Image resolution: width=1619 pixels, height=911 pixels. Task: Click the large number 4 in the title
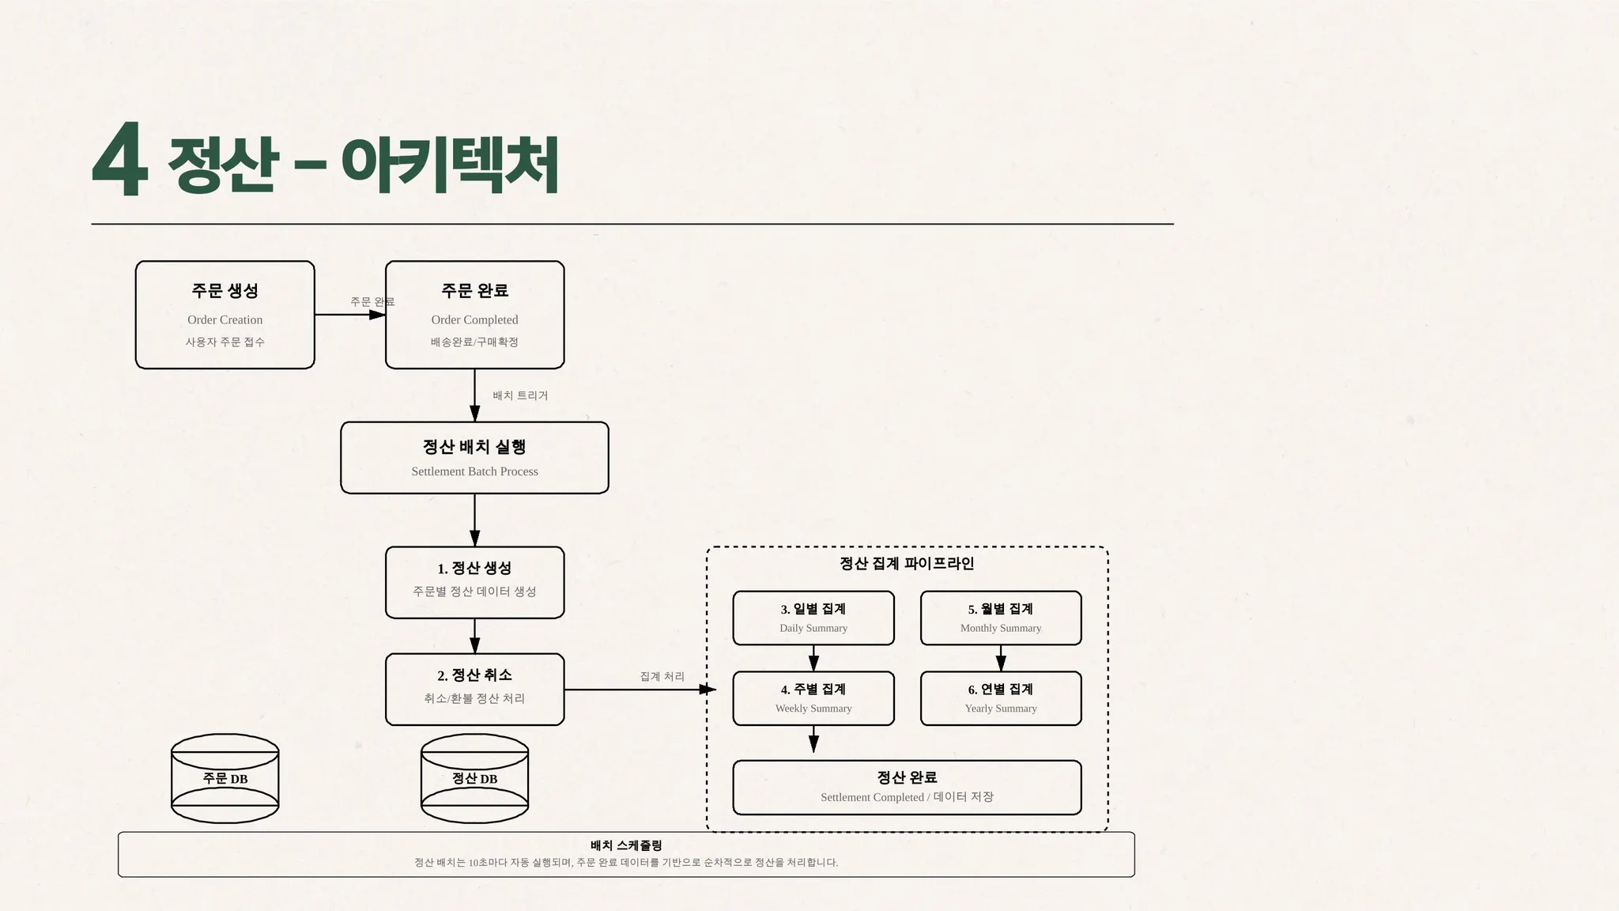[x=120, y=161]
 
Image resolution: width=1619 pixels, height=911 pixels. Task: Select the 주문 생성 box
[x=225, y=315]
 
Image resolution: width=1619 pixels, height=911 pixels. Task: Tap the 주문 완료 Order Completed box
[x=474, y=315]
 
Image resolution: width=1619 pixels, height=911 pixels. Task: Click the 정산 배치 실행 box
[x=474, y=458]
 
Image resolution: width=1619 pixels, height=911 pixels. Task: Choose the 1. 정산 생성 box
[x=474, y=582]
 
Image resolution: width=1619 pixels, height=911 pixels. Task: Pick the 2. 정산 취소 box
[x=474, y=689]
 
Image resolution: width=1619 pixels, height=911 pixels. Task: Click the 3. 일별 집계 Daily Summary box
[x=813, y=618]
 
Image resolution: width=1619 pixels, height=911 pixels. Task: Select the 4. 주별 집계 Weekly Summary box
[x=813, y=698]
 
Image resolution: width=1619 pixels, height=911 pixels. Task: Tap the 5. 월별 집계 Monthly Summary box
[x=1001, y=618]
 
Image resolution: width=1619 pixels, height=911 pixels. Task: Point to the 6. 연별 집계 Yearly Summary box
[x=1001, y=698]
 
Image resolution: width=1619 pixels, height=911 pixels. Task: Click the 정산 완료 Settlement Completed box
[x=907, y=788]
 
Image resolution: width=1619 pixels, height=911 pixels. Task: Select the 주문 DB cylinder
[x=225, y=779]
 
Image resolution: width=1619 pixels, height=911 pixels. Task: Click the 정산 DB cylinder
[x=474, y=779]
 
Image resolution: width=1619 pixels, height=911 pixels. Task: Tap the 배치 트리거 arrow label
[x=520, y=395]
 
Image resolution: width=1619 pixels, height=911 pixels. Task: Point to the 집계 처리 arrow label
[x=662, y=677]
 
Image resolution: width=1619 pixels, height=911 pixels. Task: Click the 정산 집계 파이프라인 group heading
[x=907, y=564]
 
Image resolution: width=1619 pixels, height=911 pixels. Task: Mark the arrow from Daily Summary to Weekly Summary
[x=813, y=658]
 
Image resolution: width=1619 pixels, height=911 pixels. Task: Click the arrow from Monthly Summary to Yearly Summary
[x=1001, y=658]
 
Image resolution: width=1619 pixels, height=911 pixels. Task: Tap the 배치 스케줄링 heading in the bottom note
[x=626, y=845]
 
